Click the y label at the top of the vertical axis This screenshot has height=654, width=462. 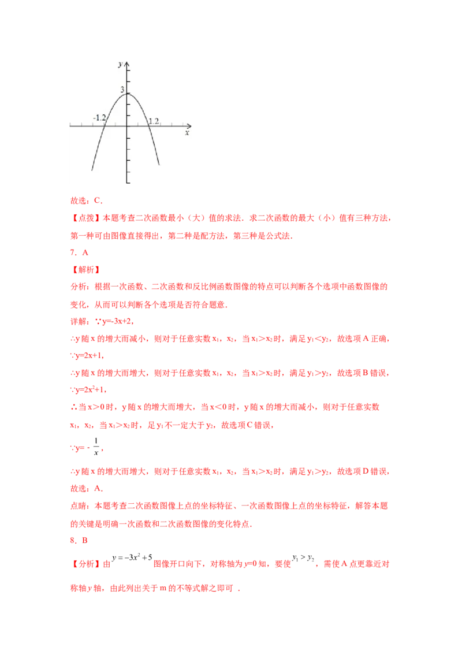(120, 65)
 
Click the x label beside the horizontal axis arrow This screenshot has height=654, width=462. (187, 133)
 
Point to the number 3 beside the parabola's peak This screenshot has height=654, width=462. (122, 90)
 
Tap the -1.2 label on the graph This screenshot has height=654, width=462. (99, 118)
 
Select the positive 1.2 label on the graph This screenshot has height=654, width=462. (154, 121)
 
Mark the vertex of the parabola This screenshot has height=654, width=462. (128, 93)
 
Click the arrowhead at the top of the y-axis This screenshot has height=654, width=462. (128, 63)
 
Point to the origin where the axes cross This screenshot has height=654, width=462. (128, 125)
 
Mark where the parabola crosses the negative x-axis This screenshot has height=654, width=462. (104, 125)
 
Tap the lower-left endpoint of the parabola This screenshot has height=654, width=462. (92, 170)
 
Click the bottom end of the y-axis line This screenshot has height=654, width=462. (128, 183)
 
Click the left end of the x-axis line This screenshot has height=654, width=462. (70, 125)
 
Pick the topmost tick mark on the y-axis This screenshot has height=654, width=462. (129, 71)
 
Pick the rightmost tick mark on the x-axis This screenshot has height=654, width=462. (182, 125)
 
